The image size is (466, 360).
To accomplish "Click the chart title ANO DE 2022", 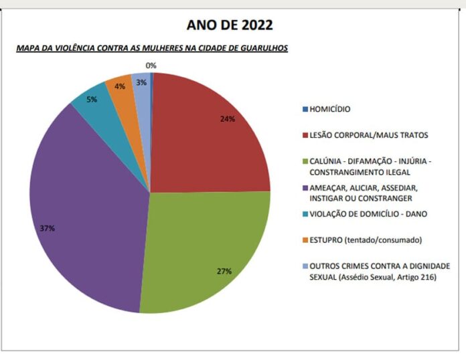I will click(230, 26).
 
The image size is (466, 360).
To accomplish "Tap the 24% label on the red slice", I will click(227, 119).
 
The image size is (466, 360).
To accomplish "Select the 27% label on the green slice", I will click(224, 271).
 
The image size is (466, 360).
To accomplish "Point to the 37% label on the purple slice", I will click(47, 228).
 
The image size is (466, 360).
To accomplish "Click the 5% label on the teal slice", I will click(92, 99).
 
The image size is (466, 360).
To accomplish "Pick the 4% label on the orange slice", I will click(120, 86).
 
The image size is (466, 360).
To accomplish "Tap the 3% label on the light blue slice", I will click(141, 82).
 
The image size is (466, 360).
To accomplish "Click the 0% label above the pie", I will click(151, 66).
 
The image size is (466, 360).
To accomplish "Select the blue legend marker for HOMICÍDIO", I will click(305, 109).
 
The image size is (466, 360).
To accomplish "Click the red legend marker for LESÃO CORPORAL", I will click(305, 135).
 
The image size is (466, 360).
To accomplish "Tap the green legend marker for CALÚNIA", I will click(305, 161).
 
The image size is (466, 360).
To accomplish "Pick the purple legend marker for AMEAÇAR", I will click(305, 188).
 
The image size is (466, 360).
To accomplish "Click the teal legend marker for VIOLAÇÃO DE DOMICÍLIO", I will click(305, 214).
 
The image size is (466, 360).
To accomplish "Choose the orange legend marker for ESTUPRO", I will click(305, 240).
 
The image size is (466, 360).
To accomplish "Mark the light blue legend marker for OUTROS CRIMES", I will click(305, 266).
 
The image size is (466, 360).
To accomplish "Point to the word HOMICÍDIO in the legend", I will click(331, 109).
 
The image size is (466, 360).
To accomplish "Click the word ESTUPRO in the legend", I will click(326, 240).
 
